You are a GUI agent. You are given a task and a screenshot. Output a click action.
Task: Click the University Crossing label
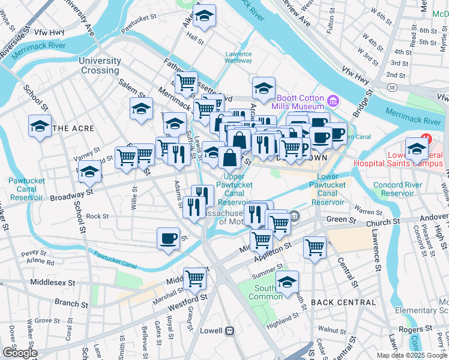[99, 65]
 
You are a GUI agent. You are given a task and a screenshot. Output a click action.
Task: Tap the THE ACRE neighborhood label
[73, 128]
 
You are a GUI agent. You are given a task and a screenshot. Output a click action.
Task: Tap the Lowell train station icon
[229, 331]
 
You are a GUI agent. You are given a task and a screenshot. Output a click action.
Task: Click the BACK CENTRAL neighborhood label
[344, 302]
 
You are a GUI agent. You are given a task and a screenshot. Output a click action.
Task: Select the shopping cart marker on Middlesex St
[195, 278]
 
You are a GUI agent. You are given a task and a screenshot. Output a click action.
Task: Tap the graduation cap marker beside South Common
[288, 281]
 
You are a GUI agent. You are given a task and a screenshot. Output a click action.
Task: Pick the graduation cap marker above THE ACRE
[40, 126]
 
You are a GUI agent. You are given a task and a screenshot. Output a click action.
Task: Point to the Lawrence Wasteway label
[238, 57]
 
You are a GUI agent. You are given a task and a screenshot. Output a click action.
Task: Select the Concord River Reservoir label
[398, 188]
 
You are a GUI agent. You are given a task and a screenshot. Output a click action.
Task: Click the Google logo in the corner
[19, 353]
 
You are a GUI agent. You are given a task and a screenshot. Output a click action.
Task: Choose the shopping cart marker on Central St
[315, 246]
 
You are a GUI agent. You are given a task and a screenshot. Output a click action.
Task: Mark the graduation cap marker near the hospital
[416, 148]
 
